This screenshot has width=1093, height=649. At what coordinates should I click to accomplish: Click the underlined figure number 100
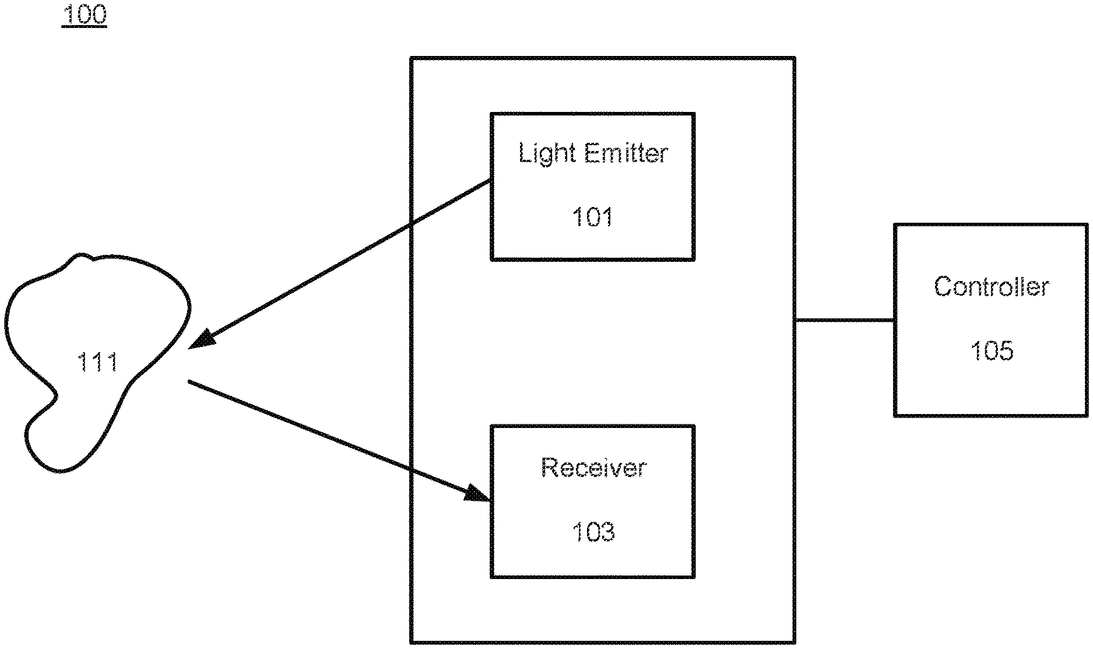(84, 14)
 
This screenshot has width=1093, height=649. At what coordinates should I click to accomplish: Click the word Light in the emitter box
(547, 153)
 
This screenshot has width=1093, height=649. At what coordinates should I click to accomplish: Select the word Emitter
(625, 153)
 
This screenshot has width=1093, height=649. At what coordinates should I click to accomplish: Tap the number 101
(592, 217)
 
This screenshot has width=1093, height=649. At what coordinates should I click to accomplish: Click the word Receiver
(593, 468)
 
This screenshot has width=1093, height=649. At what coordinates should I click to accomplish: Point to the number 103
(593, 532)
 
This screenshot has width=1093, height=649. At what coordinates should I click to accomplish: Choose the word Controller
(991, 287)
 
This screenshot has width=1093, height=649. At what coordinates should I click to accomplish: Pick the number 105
(991, 350)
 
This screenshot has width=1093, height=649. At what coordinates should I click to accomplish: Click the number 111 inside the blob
(97, 362)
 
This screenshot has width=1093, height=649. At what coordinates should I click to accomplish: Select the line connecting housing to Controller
(844, 320)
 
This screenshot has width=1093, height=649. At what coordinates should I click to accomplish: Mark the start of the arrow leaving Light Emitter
(488, 181)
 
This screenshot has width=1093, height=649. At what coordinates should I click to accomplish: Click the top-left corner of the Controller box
(895, 224)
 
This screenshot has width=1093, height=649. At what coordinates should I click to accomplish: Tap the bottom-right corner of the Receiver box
(694, 577)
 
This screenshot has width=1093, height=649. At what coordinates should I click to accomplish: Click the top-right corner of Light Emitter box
(694, 114)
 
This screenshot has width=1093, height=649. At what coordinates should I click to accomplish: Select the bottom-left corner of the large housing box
(412, 642)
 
